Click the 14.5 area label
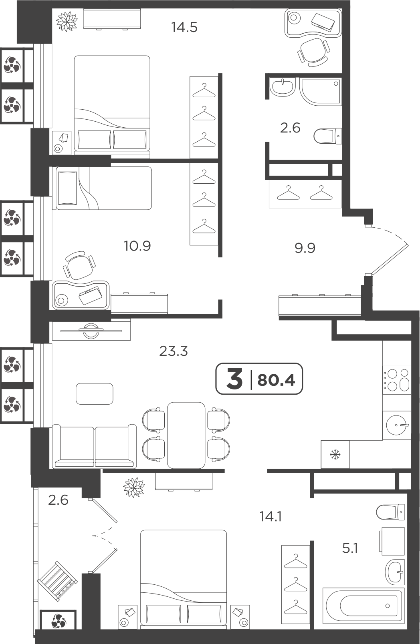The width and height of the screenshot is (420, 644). pos(184,28)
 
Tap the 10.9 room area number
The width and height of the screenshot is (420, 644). pos(137,246)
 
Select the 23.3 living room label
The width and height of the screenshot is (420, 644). pos(173,351)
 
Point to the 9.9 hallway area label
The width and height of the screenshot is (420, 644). pos(305,248)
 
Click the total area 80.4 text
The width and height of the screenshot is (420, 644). pos(276,380)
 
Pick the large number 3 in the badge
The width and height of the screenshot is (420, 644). pos(234,379)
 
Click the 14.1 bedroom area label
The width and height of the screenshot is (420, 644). pos(271,517)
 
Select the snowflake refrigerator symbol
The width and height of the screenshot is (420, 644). pos(335,455)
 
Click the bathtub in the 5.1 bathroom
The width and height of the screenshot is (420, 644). pos(363,606)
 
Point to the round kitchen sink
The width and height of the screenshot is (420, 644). pos(398,425)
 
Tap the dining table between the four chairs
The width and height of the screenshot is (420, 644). pos(186,435)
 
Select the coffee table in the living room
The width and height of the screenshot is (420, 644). pos(95,393)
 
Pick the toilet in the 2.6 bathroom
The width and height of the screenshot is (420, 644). pos(327,136)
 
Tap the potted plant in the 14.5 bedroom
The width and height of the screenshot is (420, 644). pos(67,21)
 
